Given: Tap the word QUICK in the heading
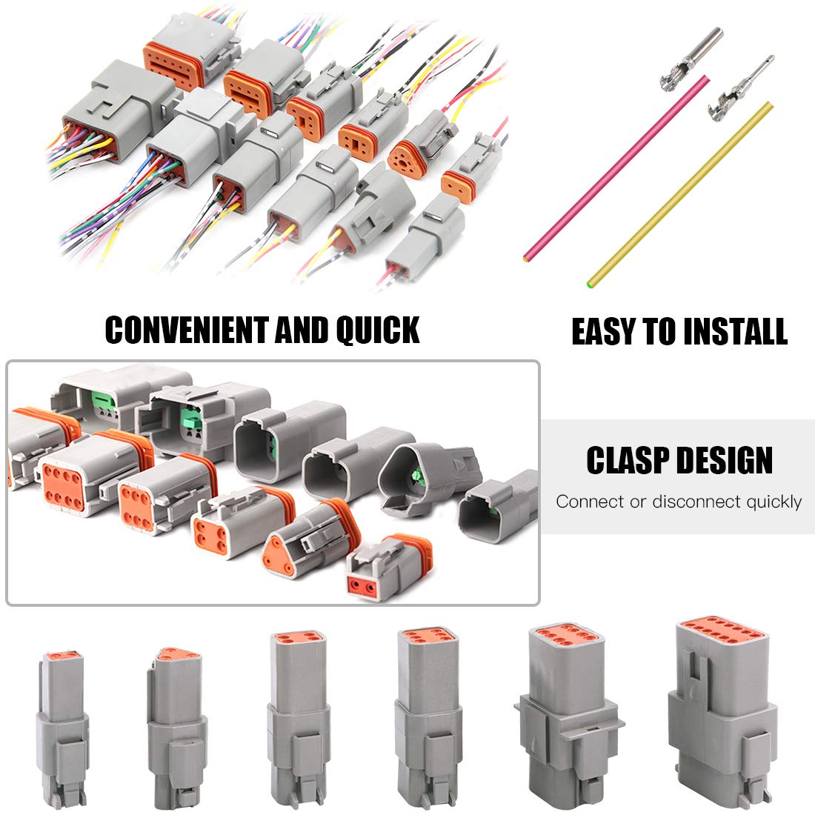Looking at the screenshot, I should pyautogui.click(x=378, y=330).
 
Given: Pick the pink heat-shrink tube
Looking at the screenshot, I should pyautogui.click(x=615, y=167).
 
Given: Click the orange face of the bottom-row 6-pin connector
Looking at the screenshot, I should pyautogui.click(x=419, y=639).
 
